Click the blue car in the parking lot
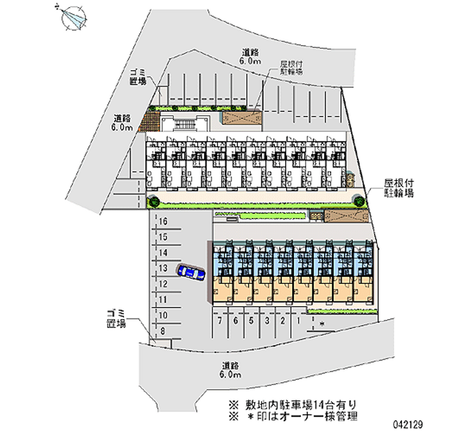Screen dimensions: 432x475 (191, 272)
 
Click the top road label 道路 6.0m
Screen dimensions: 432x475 (250, 56)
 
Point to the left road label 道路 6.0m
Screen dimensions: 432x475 (123, 122)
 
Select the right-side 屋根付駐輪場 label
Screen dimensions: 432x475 (399, 188)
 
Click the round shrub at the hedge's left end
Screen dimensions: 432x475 (154, 202)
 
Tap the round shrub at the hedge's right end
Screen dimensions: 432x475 (360, 201)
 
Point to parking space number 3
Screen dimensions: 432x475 (267, 321)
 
